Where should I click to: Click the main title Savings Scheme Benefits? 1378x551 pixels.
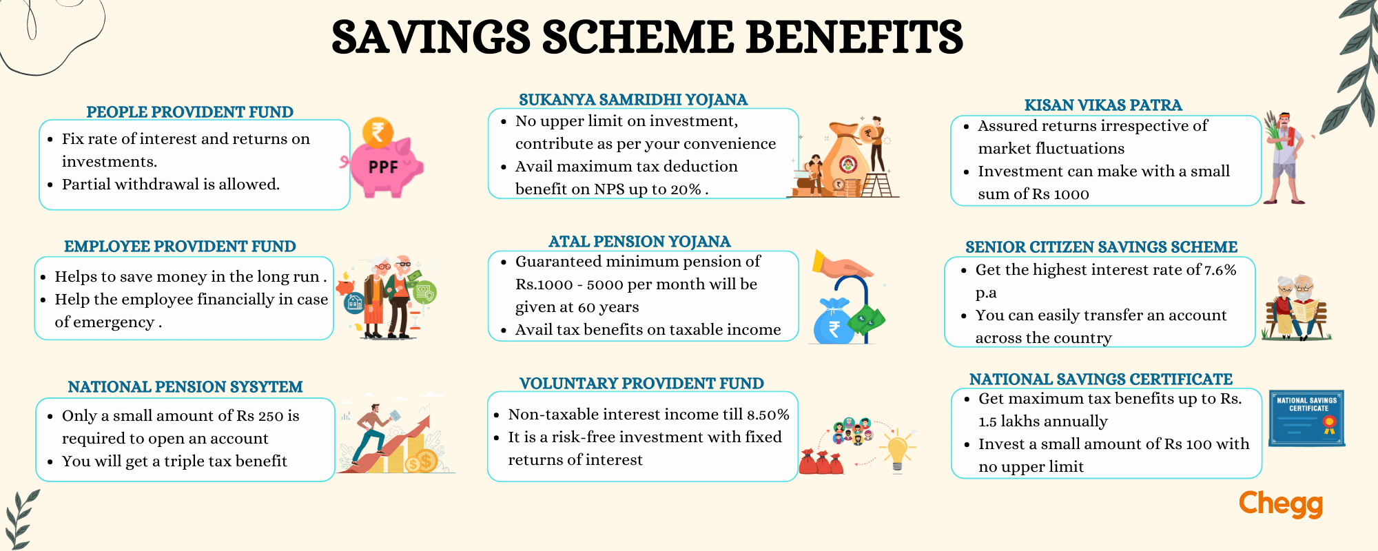coord(647,37)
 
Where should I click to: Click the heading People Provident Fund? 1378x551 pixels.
coord(189,112)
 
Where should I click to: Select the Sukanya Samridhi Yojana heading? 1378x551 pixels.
coord(633,100)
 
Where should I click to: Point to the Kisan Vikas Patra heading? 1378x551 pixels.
coord(1103,105)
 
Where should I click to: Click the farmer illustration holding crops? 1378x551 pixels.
coord(1285,158)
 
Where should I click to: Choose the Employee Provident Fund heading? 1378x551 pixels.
coord(180,247)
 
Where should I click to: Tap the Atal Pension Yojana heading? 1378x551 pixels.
coord(639,242)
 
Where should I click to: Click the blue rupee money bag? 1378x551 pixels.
coord(833,322)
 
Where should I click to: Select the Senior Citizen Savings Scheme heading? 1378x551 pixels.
coord(1101,247)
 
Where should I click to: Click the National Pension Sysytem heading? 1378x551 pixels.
coord(185,387)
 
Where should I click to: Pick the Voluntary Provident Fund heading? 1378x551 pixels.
coord(641,384)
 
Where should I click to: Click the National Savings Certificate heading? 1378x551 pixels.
coord(1101,380)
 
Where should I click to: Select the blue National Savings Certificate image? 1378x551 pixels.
coord(1307,418)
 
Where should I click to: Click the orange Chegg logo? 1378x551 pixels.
coord(1281,503)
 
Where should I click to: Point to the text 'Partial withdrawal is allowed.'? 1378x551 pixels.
coord(171,185)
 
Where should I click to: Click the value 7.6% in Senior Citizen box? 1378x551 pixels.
coord(1220,271)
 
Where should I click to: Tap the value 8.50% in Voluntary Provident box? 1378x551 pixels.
coord(768,415)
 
